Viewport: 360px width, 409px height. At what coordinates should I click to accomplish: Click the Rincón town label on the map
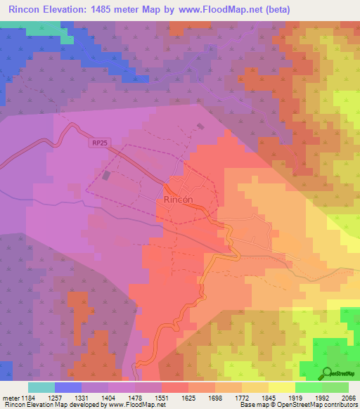pos(178,200)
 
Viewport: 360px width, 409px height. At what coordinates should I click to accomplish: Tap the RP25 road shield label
pos(100,143)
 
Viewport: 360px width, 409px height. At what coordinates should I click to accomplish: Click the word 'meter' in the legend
pos(10,398)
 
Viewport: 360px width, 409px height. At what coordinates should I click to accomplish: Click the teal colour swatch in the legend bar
pos(41,387)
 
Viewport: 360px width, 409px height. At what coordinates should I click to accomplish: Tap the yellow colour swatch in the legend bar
pos(282,387)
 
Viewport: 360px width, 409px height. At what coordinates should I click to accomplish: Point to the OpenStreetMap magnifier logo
pos(328,372)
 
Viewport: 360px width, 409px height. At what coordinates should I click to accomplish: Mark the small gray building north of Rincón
pos(200,126)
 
